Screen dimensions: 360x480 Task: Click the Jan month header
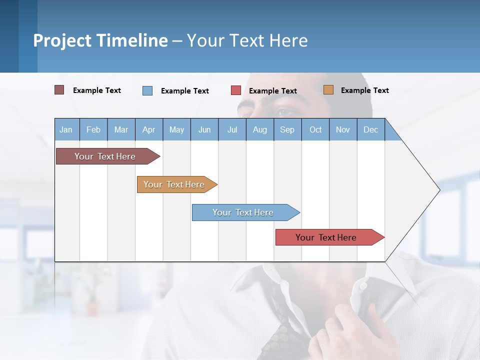[x=66, y=129]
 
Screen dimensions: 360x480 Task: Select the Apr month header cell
[x=149, y=129]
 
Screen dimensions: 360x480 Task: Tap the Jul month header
[x=232, y=129]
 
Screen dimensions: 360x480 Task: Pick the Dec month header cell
[x=370, y=129]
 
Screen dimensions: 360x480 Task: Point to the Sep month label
[x=287, y=129]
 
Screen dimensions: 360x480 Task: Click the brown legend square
[x=59, y=90]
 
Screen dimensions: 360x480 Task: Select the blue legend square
[x=147, y=90]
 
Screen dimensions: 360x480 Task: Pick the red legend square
[x=236, y=90]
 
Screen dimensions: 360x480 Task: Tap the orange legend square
[x=328, y=90]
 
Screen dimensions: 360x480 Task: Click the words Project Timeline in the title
[x=100, y=40]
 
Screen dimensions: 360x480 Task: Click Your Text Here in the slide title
[x=247, y=40]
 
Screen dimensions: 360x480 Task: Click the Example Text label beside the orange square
[x=364, y=90]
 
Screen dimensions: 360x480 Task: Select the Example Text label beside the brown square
[x=97, y=90]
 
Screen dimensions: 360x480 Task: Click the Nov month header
[x=343, y=129]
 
